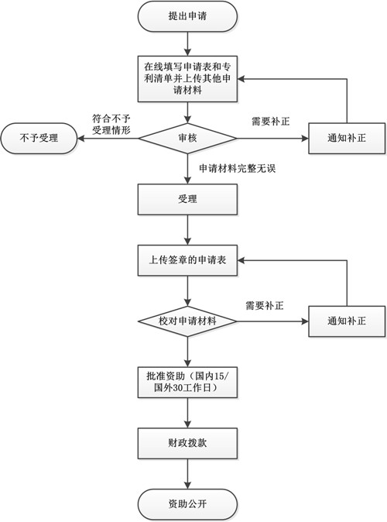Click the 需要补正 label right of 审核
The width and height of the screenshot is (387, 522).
pyautogui.click(x=271, y=122)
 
